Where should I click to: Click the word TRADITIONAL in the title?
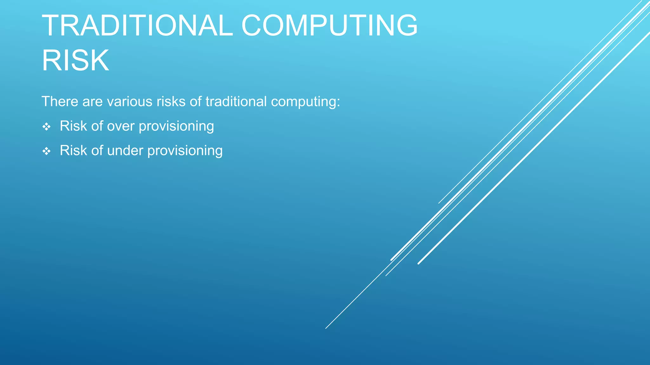click(x=137, y=26)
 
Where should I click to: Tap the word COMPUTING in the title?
click(x=329, y=26)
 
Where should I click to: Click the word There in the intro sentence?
click(x=60, y=102)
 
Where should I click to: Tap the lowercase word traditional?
click(x=236, y=102)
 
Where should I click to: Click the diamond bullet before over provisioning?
click(x=47, y=127)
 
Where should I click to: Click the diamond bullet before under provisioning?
click(x=47, y=151)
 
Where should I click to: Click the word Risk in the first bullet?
click(x=73, y=126)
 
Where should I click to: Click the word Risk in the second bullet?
click(x=73, y=150)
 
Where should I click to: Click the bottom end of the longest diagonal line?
click(x=326, y=328)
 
